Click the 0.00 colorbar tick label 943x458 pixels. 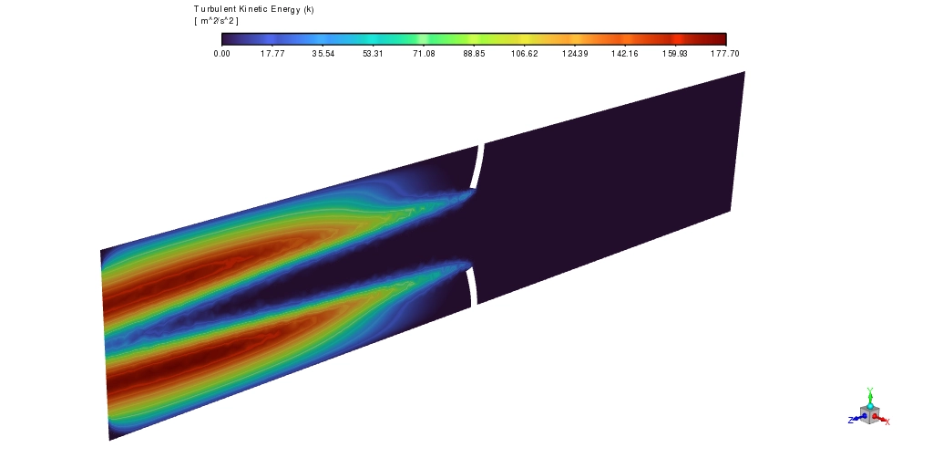click(221, 54)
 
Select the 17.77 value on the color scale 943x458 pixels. click(272, 54)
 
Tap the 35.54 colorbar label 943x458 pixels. click(323, 54)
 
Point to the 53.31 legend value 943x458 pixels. click(373, 54)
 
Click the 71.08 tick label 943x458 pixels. click(424, 54)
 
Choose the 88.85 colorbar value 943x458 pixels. click(474, 54)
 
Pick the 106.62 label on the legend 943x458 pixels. click(525, 54)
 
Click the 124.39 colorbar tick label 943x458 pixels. click(575, 54)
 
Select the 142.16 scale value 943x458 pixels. click(625, 54)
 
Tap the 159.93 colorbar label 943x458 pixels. click(675, 54)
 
